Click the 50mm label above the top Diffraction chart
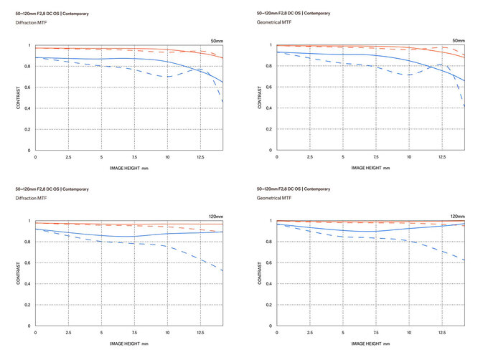pos(217,41)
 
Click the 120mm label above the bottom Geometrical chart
pos(458,217)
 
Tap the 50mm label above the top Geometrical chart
pos(459,41)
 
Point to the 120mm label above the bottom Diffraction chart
pos(216,217)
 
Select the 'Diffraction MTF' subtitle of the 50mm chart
pos(31,23)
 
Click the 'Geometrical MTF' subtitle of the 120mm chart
pos(274,198)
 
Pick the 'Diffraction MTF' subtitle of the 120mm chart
pos(31,198)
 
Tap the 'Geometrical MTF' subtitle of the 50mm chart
pos(274,22)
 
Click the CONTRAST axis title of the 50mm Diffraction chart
pos(18,98)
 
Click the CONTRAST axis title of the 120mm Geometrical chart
pos(260,273)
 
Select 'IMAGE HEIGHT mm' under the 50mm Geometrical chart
pos(371,168)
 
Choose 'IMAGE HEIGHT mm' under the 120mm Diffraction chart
pos(129,344)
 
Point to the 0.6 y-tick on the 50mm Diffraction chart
pos(27,87)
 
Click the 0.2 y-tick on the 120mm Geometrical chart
pos(269,305)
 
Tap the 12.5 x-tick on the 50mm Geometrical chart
pos(442,157)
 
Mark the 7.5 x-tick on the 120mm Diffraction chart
pos(134,333)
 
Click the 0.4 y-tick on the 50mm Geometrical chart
pos(269,108)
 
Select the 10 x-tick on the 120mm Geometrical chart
pos(409,333)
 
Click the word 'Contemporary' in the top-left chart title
pos(75,14)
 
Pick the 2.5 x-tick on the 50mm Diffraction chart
pos(68,157)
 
